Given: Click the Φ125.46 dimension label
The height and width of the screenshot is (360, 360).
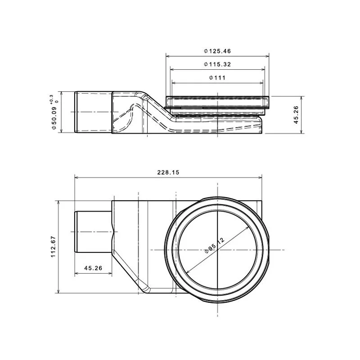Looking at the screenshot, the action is pos(217,51).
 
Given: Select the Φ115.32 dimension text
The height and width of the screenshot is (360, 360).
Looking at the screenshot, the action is pos(217,64).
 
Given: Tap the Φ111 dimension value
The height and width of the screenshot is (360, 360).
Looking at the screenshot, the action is pos(217,78).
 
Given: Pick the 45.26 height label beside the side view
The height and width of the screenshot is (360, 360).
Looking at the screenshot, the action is pos(296,115).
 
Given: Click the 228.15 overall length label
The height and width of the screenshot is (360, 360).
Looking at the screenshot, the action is pos(168,172).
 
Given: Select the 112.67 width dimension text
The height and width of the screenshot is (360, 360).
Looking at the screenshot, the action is pos(53,247).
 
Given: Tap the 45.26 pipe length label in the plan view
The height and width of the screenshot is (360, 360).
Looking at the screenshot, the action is pos(93,268).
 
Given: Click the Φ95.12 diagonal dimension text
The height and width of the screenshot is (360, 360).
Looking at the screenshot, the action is pos(215,246).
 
